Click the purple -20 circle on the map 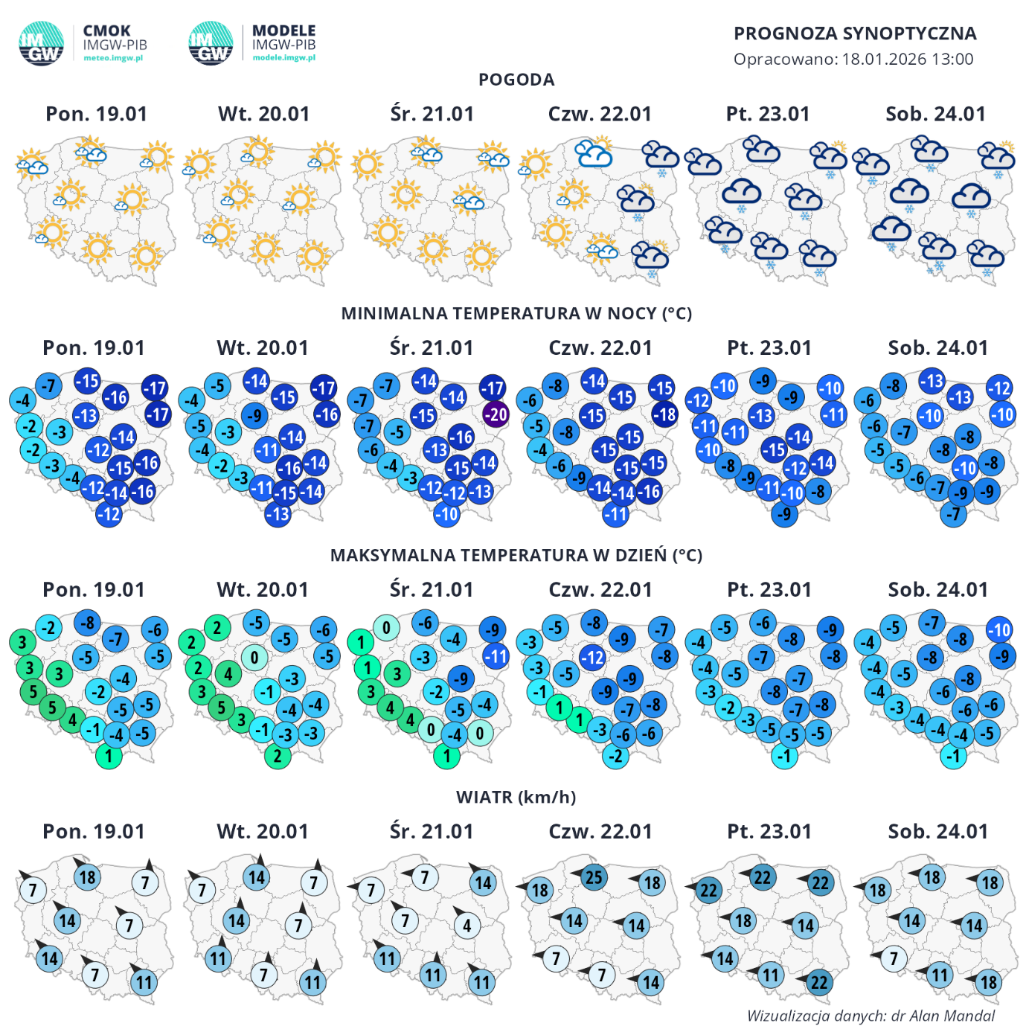(x=496, y=414)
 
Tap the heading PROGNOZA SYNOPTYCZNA (x=855, y=33)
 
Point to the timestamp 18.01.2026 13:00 (x=908, y=60)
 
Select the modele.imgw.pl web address (x=283, y=57)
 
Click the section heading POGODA (x=516, y=80)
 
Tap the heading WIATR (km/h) (x=516, y=797)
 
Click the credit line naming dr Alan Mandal (x=871, y=1016)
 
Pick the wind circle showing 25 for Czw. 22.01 (x=593, y=877)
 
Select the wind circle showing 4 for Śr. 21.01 (x=467, y=926)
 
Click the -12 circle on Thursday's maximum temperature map (x=592, y=658)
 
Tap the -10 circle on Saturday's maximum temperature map (x=999, y=629)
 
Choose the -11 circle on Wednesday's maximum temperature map (x=496, y=656)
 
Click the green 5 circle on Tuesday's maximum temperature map (x=221, y=707)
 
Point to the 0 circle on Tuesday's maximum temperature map (x=254, y=657)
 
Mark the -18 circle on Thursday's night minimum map (x=665, y=414)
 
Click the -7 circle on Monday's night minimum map (x=48, y=386)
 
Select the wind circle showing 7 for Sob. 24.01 (x=894, y=958)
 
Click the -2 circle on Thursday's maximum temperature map (x=616, y=756)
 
